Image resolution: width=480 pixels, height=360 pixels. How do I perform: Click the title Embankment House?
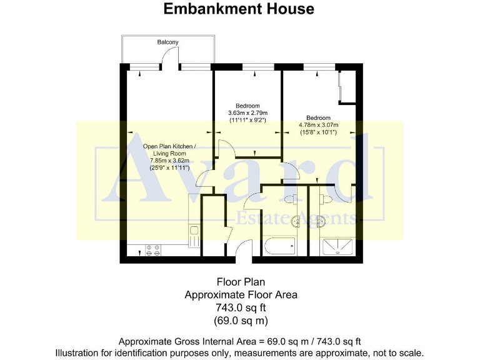coord(239,9)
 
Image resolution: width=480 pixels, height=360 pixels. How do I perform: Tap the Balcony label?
coord(167,42)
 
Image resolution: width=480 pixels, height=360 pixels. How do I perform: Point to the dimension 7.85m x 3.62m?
coord(169,161)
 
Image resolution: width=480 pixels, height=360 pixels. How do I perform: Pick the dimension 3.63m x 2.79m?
coord(247,113)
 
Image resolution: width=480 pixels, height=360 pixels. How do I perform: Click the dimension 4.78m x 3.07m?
coord(318,125)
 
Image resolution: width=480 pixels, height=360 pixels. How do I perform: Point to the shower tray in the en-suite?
coord(337,247)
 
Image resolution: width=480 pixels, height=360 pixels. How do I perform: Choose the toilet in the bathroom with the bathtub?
coord(291,198)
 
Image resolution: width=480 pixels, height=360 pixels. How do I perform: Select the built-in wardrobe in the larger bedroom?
coord(347,87)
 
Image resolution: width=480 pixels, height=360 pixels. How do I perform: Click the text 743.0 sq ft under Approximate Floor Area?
coord(241,307)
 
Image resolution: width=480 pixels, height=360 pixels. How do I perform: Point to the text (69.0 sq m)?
coord(241,321)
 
